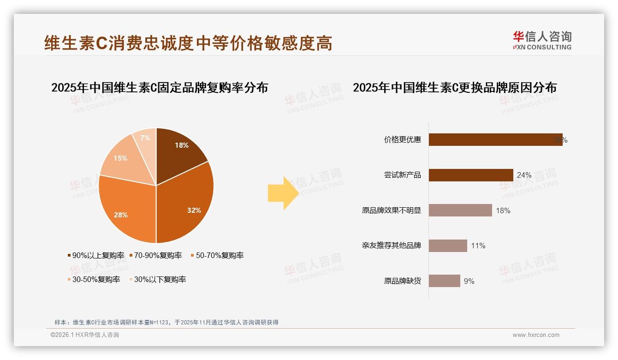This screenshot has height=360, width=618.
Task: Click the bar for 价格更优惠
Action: pyautogui.click(x=495, y=140)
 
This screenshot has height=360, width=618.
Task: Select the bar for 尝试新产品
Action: pyautogui.click(x=471, y=175)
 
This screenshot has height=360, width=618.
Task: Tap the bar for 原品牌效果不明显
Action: pyautogui.click(x=460, y=210)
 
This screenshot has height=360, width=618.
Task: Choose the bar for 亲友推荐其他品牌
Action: pyautogui.click(x=448, y=246)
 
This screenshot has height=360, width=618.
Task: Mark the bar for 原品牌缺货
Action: pyautogui.click(x=445, y=281)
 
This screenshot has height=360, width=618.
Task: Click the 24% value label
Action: pyautogui.click(x=524, y=175)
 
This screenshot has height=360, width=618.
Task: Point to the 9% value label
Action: pyautogui.click(x=469, y=281)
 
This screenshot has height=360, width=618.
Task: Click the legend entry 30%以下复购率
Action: pyautogui.click(x=160, y=279)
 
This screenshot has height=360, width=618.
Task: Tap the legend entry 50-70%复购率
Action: pyautogui.click(x=220, y=255)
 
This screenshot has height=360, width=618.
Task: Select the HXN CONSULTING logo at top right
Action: pyautogui.click(x=542, y=41)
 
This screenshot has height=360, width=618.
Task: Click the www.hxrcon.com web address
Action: pyautogui.click(x=536, y=335)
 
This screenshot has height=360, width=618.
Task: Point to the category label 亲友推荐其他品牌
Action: pyautogui.click(x=392, y=246)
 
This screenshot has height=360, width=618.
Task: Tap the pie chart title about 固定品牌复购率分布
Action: pyautogui.click(x=160, y=88)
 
